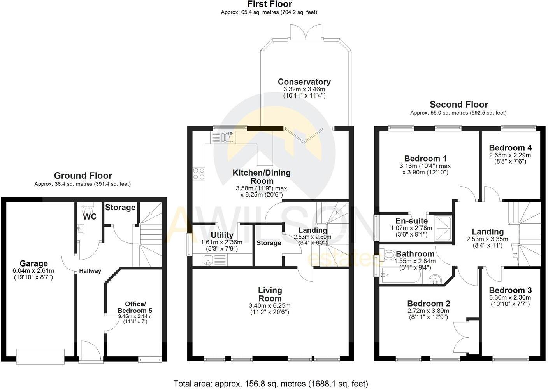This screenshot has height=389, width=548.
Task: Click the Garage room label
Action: [34, 263]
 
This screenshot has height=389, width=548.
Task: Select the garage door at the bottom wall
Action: [40, 356]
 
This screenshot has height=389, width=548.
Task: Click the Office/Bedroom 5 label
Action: [135, 307]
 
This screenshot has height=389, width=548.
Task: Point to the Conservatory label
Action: [304, 82]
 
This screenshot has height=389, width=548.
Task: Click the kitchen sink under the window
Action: [228, 137]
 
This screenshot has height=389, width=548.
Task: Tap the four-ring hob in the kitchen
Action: [199, 173]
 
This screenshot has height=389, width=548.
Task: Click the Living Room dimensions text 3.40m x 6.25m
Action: [270, 306]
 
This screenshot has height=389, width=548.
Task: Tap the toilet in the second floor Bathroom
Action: [387, 255]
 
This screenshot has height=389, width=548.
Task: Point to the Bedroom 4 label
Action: [510, 148]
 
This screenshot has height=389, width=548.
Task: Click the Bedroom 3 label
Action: [510, 290]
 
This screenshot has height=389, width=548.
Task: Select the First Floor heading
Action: [269, 4]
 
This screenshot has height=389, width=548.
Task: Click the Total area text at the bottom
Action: [270, 384]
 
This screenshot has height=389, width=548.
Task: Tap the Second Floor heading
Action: [458, 105]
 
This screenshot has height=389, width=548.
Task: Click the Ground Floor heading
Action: [83, 176]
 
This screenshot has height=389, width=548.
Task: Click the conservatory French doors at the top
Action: [306, 33]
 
